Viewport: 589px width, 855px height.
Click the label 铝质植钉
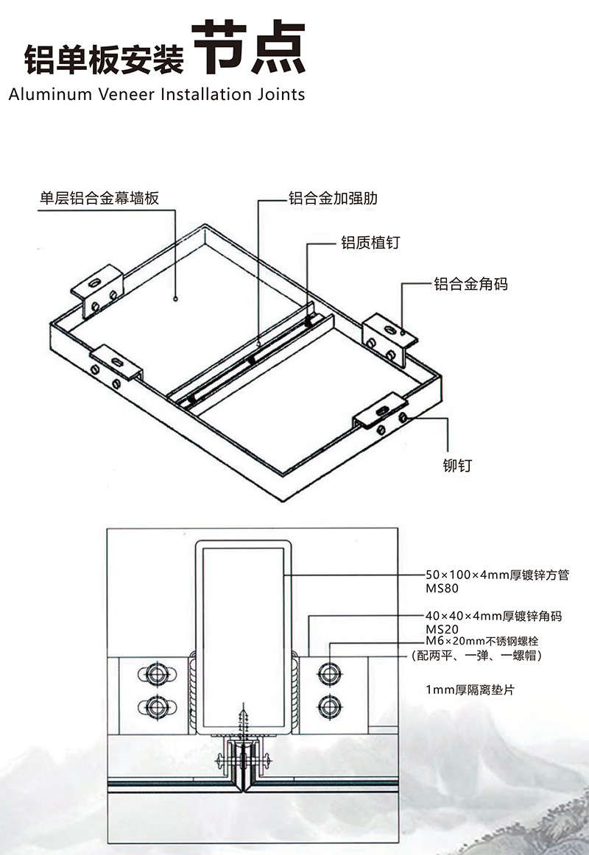click(370, 243)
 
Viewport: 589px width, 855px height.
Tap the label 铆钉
click(456, 465)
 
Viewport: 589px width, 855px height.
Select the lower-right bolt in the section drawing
click(328, 706)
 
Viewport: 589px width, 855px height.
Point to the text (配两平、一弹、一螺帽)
click(477, 655)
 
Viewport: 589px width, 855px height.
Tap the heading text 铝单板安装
click(104, 59)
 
